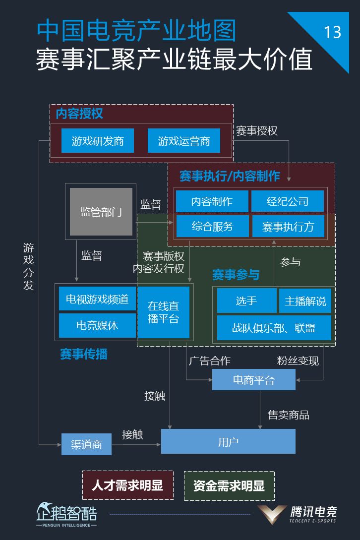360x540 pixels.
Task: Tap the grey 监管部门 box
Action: [x=101, y=212]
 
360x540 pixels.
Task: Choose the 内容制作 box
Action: [x=212, y=201]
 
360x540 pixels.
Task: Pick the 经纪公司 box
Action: [x=288, y=201]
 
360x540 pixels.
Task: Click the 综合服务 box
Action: [x=212, y=227]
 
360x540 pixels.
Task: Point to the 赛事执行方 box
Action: [x=288, y=227]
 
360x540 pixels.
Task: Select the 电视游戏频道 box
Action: [x=97, y=299]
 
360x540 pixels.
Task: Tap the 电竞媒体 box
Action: [x=97, y=325]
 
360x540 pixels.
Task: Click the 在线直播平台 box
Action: [x=163, y=312]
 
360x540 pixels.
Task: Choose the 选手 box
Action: [x=246, y=301]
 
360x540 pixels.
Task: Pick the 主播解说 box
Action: [x=305, y=301]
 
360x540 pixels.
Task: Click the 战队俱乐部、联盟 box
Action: [x=274, y=328]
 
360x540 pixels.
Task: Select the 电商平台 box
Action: [x=253, y=380]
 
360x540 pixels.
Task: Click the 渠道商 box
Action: [x=86, y=444]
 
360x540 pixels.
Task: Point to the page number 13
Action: [x=332, y=32]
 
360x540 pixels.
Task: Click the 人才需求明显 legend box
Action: [x=127, y=485]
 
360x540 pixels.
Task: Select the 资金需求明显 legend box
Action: [x=229, y=485]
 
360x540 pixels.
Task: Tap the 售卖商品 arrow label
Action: [x=289, y=415]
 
